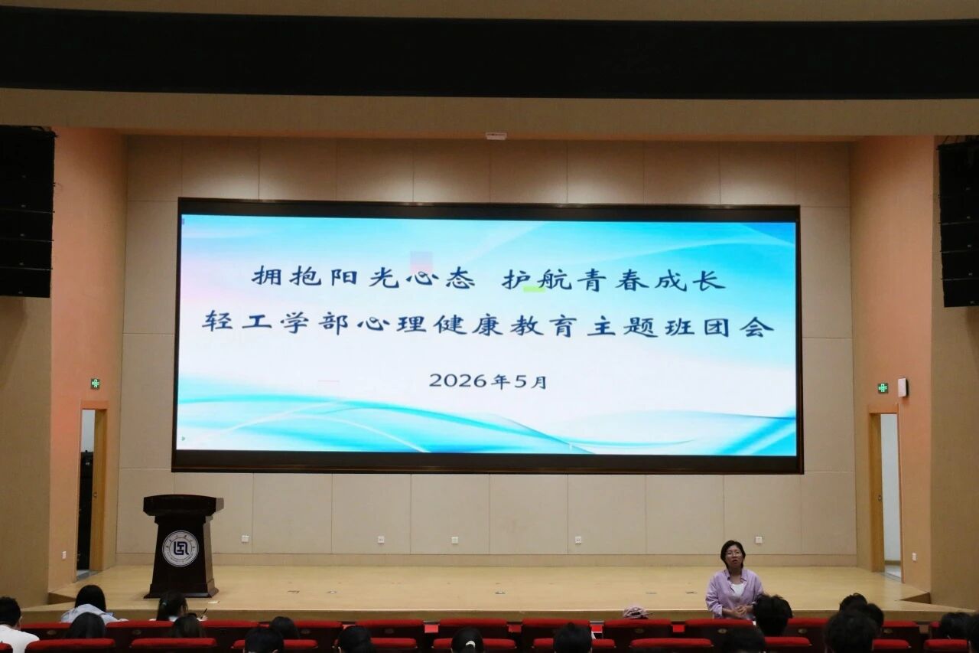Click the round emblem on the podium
tap(181, 549)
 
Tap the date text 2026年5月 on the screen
tap(488, 381)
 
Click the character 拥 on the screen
tap(267, 276)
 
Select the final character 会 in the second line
tap(759, 326)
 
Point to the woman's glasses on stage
tap(733, 553)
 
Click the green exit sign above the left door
tap(95, 384)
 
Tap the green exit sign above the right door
tap(883, 387)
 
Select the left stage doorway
tap(91, 490)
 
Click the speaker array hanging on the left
tap(26, 212)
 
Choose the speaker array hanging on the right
tap(958, 222)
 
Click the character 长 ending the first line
tap(711, 279)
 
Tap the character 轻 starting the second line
tap(217, 322)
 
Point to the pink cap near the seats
tap(636, 612)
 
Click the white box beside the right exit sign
tap(902, 387)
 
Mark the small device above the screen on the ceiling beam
tap(496, 136)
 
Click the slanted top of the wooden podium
tap(184, 502)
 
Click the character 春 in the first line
tap(632, 279)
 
